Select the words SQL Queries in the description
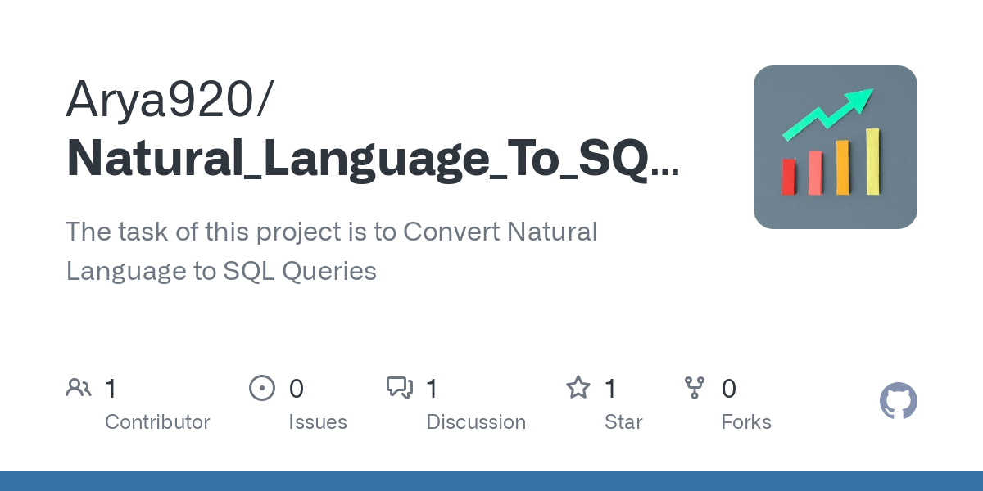pos(299,271)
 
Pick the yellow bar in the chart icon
pos(872,161)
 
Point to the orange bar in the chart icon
pos(843,167)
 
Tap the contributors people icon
pos(79,388)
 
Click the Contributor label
pos(157,422)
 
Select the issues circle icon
pos(262,388)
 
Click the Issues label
pos(318,422)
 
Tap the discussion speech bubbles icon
pos(400,388)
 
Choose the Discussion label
pos(476,422)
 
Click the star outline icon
pos(578,388)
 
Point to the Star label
pos(623,422)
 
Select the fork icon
pos(695,388)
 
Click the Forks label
pos(746,422)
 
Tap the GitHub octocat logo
pos(898,401)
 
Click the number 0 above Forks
pos(728,389)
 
